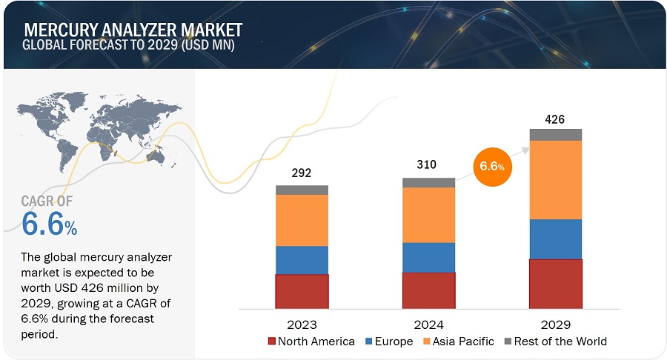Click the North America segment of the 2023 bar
pos(302,291)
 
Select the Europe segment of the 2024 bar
pos(428,257)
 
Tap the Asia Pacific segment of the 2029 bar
pos(555,179)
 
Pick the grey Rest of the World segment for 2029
pos(555,134)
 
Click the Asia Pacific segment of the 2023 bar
pos(302,220)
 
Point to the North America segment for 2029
pos(555,283)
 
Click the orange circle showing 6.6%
pos(493,167)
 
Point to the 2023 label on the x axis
pos(302,324)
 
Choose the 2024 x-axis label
pos(428,324)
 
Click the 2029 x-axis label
pos(555,324)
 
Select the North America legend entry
pos(312,341)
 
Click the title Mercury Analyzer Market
pos(133,30)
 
